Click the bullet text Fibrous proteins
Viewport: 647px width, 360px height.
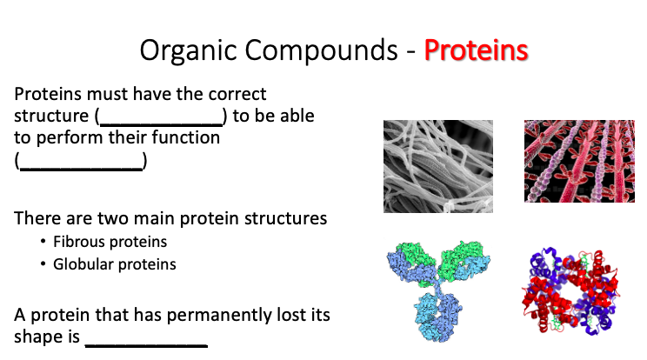click(x=110, y=242)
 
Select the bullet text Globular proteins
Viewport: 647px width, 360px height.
click(x=114, y=263)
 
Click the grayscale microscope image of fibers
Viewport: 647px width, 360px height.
click(x=438, y=166)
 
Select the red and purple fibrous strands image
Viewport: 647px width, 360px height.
click(x=575, y=162)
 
